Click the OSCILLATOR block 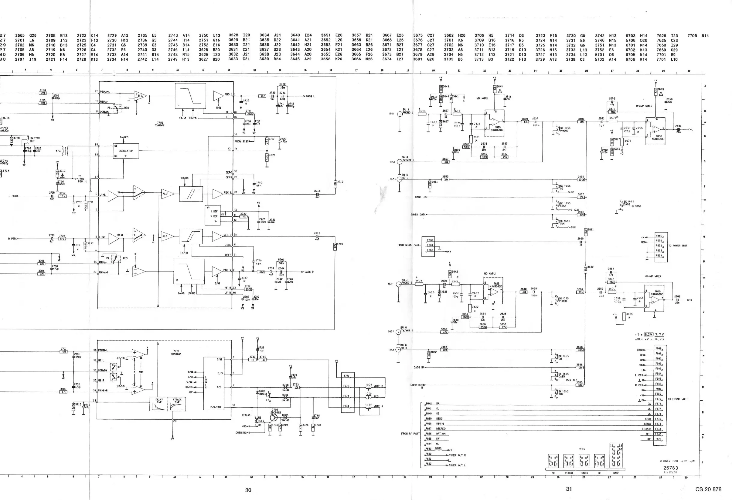tap(126, 151)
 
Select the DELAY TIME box tap(159, 404)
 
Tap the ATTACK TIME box tap(177, 404)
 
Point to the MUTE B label tap(378, 386)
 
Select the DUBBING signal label tap(241, 432)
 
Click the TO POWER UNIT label tap(677, 245)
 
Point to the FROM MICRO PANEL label tap(409, 245)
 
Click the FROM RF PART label tap(410, 433)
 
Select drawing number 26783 tap(670, 468)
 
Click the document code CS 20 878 tap(708, 489)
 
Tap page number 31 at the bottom tap(568, 489)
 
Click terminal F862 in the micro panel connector tap(430, 250)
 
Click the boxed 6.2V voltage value tap(648, 335)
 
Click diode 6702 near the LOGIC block tap(257, 392)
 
